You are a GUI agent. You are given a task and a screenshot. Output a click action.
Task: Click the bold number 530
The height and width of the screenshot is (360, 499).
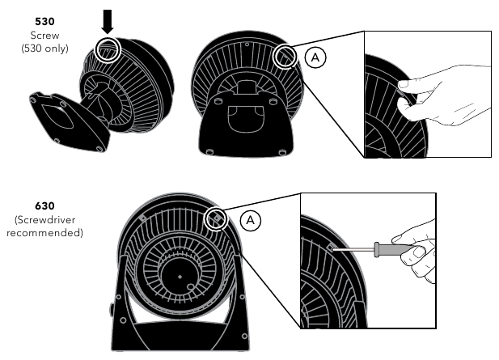(x=44, y=21)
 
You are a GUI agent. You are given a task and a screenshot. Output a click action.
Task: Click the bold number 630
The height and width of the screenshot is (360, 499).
(x=44, y=206)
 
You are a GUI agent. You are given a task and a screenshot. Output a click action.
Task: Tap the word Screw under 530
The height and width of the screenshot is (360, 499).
(x=44, y=35)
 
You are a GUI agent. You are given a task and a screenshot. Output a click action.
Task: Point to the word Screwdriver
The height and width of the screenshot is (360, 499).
(x=44, y=220)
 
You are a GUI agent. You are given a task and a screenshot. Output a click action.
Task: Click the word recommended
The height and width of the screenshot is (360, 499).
(x=44, y=233)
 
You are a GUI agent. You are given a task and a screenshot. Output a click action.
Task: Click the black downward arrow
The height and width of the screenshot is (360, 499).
(x=108, y=22)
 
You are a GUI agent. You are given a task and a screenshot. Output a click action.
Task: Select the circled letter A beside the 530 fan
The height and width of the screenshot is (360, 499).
(x=315, y=57)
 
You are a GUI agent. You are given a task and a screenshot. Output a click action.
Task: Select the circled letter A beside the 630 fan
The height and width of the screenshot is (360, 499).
(x=251, y=220)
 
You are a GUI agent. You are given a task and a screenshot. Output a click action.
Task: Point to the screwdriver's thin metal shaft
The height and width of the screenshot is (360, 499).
(x=353, y=249)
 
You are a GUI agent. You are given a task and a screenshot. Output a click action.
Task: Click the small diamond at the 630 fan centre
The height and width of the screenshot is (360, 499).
(x=180, y=277)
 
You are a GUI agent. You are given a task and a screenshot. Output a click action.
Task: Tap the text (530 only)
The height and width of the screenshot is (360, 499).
(x=44, y=49)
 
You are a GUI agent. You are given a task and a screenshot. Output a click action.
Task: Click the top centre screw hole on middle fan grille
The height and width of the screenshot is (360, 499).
(x=247, y=45)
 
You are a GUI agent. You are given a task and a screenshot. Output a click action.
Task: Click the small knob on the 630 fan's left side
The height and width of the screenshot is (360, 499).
(x=111, y=309)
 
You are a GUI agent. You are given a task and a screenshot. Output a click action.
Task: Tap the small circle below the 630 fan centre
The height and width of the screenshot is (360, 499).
(x=190, y=287)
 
